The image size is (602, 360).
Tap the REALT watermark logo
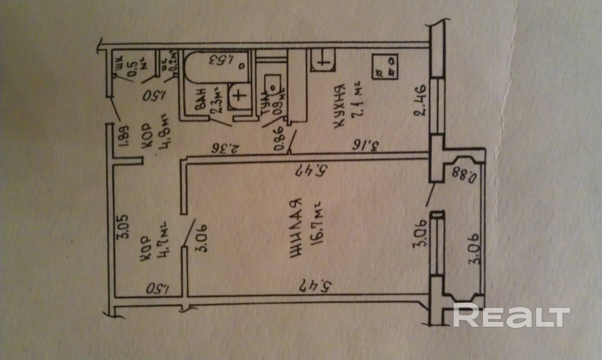pyautogui.click(x=511, y=316)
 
